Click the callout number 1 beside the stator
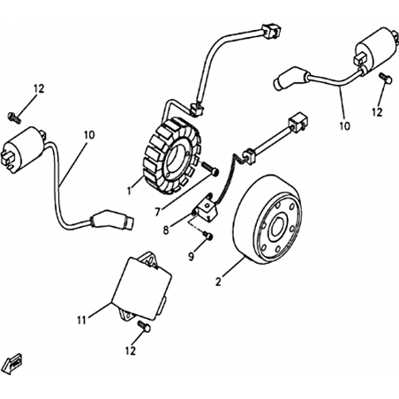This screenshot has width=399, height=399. tap(129, 191)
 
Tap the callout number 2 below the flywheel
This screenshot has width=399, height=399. tap(218, 282)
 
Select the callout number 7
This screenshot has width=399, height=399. tap(158, 212)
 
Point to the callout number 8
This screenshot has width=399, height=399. tap(166, 230)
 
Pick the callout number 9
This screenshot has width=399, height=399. tap(192, 257)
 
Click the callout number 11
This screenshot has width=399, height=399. tap(82, 320)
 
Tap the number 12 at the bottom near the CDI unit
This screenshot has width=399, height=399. tap(131, 350)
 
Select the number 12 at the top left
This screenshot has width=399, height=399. tap(39, 88)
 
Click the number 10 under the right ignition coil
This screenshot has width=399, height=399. tap(345, 126)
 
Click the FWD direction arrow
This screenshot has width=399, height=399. tap(11, 365)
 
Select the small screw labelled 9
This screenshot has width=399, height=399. tap(208, 235)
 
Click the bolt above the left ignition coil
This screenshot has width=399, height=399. tap(14, 117)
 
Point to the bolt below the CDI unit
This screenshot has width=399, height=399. tap(144, 327)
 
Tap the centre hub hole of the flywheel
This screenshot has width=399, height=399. tap(277, 228)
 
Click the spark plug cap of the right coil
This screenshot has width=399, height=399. tap(291, 79)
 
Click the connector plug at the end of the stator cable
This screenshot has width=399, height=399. tap(271, 30)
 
